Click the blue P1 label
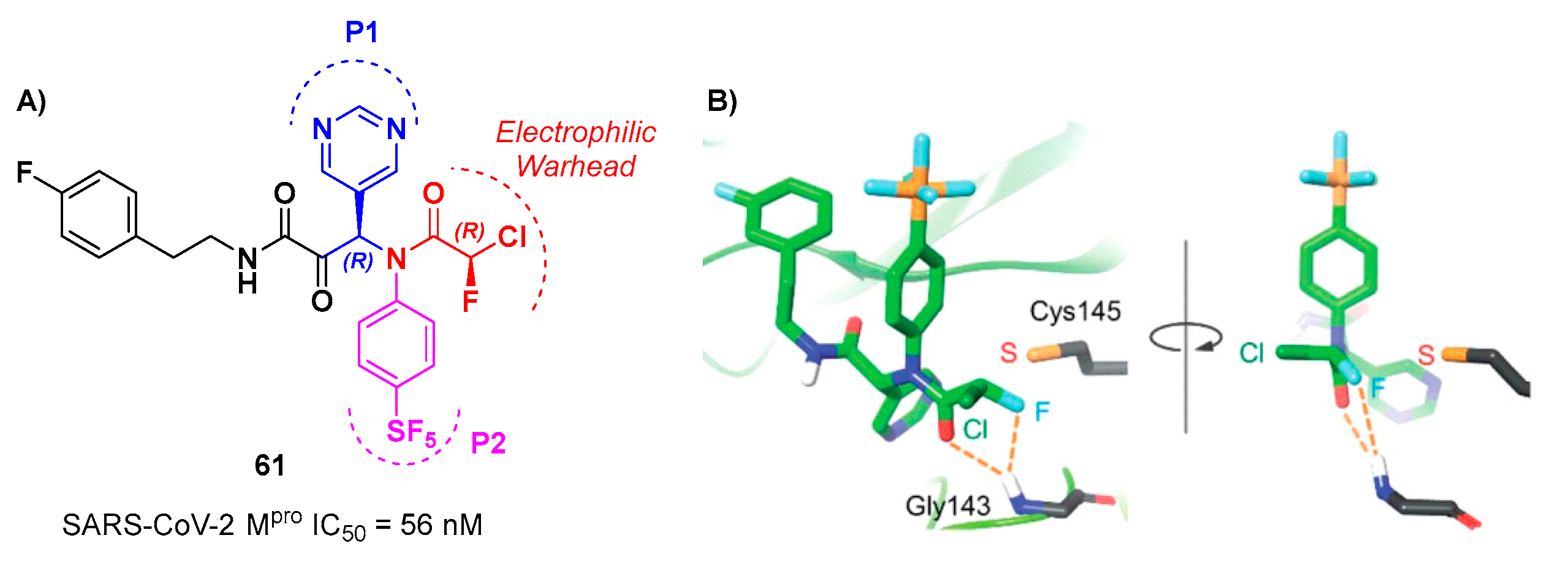(x=362, y=32)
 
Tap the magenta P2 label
(x=488, y=442)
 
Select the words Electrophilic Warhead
(x=576, y=149)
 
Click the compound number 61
(x=270, y=466)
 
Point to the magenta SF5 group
(x=411, y=433)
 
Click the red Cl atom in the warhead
(x=512, y=237)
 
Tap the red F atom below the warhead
(x=470, y=301)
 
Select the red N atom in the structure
(x=396, y=259)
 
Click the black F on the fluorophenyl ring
(x=24, y=172)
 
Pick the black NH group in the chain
(x=248, y=270)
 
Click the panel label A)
(x=31, y=101)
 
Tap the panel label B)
(x=722, y=101)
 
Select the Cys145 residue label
(x=1075, y=311)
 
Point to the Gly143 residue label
(x=947, y=506)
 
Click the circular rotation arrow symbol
(x=1185, y=338)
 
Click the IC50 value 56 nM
(x=441, y=525)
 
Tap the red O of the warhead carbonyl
(x=433, y=194)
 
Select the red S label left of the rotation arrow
(x=1009, y=353)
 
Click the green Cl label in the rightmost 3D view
(x=1251, y=353)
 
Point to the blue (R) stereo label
(x=358, y=261)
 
